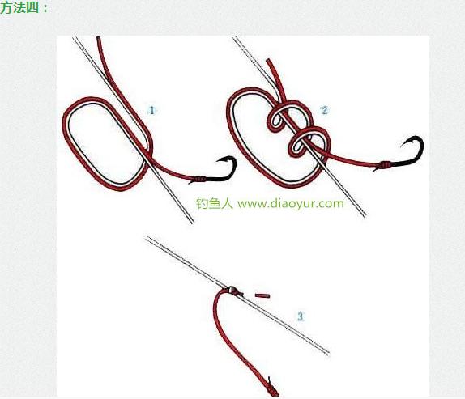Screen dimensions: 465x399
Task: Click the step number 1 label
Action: click(x=151, y=111)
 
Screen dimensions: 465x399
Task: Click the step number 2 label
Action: click(x=324, y=110)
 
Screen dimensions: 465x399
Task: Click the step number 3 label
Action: click(x=300, y=316)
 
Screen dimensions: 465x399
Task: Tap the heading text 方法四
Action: click(x=19, y=8)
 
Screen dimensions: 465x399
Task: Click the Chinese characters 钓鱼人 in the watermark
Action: click(x=215, y=203)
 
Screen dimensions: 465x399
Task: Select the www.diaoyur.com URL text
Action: click(x=291, y=204)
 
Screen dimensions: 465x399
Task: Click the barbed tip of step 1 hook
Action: click(x=217, y=161)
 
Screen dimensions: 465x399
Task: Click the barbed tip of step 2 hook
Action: click(x=402, y=146)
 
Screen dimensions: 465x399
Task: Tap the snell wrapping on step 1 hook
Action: click(x=200, y=179)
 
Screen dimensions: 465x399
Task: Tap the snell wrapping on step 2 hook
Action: click(x=385, y=163)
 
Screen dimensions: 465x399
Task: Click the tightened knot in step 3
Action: click(x=233, y=291)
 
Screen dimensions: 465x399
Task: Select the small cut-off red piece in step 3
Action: click(x=262, y=295)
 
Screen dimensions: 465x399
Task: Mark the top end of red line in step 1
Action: click(x=99, y=37)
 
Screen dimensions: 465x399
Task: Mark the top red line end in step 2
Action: click(x=269, y=60)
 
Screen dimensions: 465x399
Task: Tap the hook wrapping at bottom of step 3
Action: click(x=274, y=390)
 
